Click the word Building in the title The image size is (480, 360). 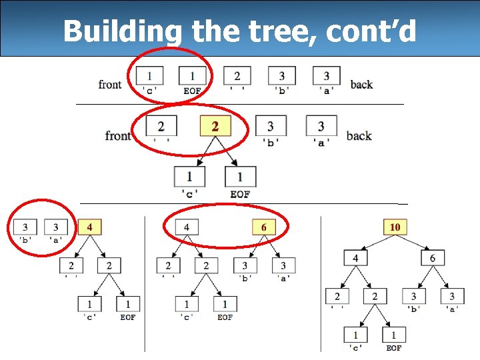click(120, 31)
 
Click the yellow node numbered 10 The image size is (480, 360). click(395, 227)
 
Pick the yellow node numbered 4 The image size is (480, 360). click(90, 227)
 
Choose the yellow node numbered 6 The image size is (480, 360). click(264, 227)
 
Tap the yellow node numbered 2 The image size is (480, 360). click(215, 126)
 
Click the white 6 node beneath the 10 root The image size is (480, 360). click(432, 257)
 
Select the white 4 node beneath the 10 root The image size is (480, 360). click(356, 257)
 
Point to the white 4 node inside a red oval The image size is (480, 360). click(187, 227)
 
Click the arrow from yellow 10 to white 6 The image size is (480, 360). click(415, 243)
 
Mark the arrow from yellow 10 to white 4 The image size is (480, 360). click(375, 243)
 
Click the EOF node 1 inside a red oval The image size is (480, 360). click(192, 76)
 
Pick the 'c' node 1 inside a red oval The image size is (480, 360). click(150, 76)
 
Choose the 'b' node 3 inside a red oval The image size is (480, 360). click(25, 227)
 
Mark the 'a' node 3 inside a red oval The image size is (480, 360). click(56, 227)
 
